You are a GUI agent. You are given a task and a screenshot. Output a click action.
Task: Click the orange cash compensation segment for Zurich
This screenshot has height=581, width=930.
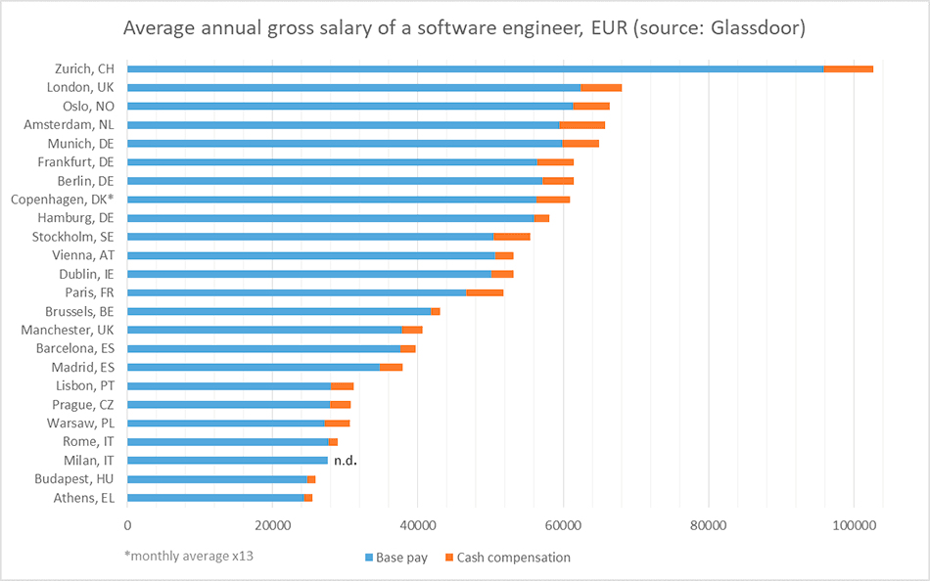pyautogui.click(x=848, y=68)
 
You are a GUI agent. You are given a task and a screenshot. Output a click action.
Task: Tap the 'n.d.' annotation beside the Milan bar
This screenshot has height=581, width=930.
pyautogui.click(x=345, y=460)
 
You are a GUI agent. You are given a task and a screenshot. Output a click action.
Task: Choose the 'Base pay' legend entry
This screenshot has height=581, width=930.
pyautogui.click(x=395, y=558)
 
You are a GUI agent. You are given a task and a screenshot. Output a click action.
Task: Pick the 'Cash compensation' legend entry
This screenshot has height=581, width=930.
pyautogui.click(x=506, y=558)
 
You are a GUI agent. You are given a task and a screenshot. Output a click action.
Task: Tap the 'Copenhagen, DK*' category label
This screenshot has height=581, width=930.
pyautogui.click(x=62, y=199)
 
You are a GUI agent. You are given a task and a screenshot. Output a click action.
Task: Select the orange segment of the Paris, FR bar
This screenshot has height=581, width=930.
pyautogui.click(x=485, y=292)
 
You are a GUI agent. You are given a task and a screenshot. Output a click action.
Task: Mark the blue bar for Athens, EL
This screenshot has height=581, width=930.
pyautogui.click(x=215, y=498)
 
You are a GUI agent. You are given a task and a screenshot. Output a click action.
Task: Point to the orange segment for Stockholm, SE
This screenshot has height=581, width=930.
pyautogui.click(x=511, y=237)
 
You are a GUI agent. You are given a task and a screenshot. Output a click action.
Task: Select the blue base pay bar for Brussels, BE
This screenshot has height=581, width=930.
pyautogui.click(x=279, y=311)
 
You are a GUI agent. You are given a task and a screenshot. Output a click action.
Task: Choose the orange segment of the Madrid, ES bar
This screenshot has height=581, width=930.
pyautogui.click(x=391, y=367)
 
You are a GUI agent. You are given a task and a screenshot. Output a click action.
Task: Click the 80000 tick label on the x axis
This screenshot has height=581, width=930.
pyautogui.click(x=708, y=525)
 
